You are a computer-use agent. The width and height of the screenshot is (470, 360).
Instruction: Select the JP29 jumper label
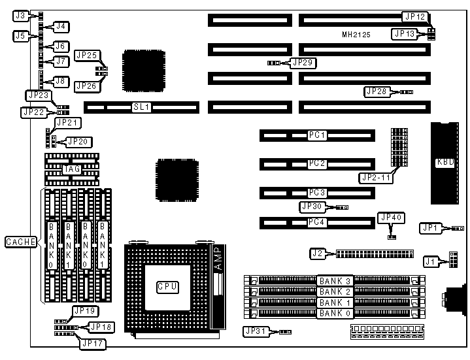303,63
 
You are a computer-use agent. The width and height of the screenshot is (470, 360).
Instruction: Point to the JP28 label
377,91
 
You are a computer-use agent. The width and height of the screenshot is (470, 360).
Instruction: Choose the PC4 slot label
318,222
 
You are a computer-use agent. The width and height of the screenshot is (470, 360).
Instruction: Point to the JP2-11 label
375,177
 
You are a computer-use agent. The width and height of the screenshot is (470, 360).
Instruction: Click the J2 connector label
318,252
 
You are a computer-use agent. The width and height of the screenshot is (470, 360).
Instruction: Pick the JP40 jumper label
391,218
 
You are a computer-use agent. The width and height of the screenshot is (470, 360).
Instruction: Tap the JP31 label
254,331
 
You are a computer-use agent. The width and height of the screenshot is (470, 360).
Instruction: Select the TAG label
72,169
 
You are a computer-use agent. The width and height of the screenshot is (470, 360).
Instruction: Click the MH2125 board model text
358,34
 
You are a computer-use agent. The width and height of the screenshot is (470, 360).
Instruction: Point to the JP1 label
429,228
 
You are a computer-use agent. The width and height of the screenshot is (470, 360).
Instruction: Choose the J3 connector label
20,14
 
